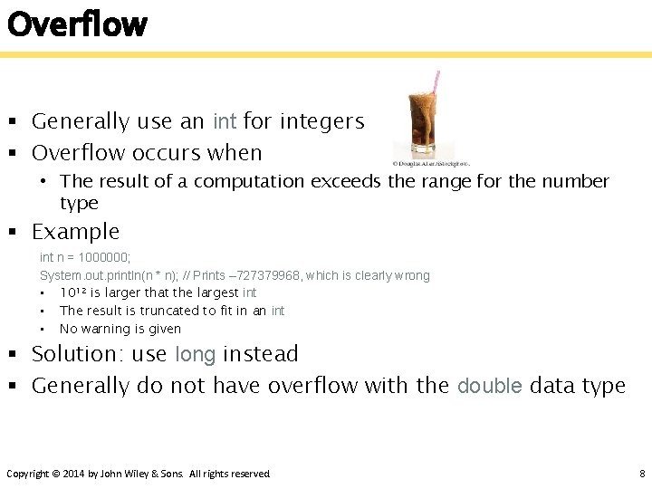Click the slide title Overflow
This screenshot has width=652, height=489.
point(76,24)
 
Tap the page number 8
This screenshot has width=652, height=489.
point(641,474)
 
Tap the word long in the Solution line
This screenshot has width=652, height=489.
point(195,354)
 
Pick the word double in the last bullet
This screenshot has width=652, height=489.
point(490,386)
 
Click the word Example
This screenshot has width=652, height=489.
point(75,232)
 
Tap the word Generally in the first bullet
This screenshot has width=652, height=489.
point(81,121)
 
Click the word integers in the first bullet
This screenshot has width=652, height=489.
point(321,121)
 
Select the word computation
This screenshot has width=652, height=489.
point(249,181)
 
